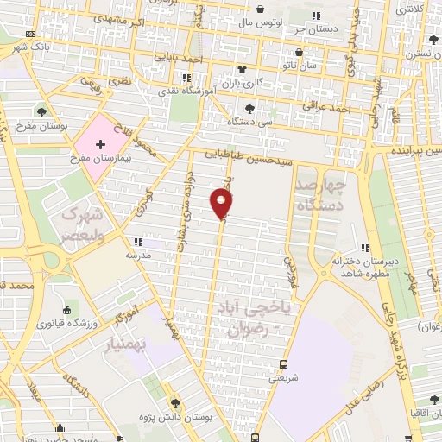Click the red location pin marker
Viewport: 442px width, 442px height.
(x=222, y=204)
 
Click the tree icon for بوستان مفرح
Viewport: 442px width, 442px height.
(x=41, y=110)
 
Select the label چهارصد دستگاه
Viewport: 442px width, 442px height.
(x=320, y=195)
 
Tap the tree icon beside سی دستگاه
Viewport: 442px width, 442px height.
(x=249, y=109)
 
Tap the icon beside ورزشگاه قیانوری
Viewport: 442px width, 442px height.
(x=67, y=310)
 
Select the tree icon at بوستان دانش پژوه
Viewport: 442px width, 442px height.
(x=175, y=402)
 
